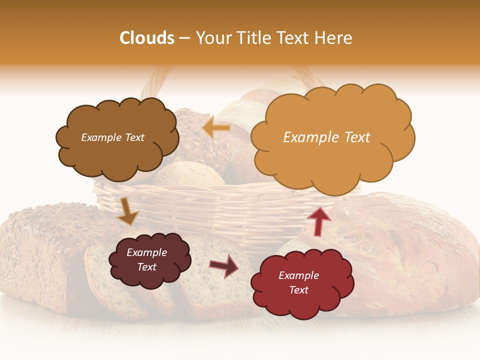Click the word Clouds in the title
[x=147, y=38]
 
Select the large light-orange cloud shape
[x=332, y=137]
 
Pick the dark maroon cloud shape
[x=149, y=259]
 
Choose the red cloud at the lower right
[x=301, y=283]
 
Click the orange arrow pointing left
[x=216, y=128]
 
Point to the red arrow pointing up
[x=318, y=220]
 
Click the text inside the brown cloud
[x=112, y=137]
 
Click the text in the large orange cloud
[x=326, y=137]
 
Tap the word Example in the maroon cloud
[x=146, y=252]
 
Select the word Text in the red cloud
[x=298, y=290]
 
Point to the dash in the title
[x=184, y=38]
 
